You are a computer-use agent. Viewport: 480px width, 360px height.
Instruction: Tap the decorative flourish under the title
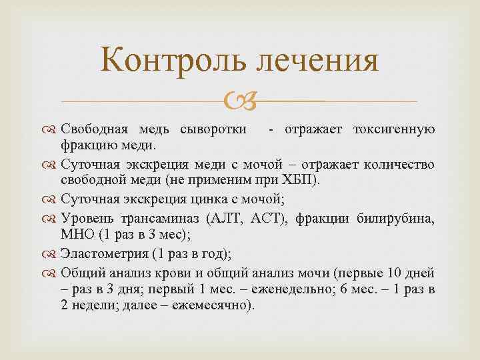click(x=239, y=101)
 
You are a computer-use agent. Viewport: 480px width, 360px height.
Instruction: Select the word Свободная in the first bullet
click(x=91, y=129)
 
